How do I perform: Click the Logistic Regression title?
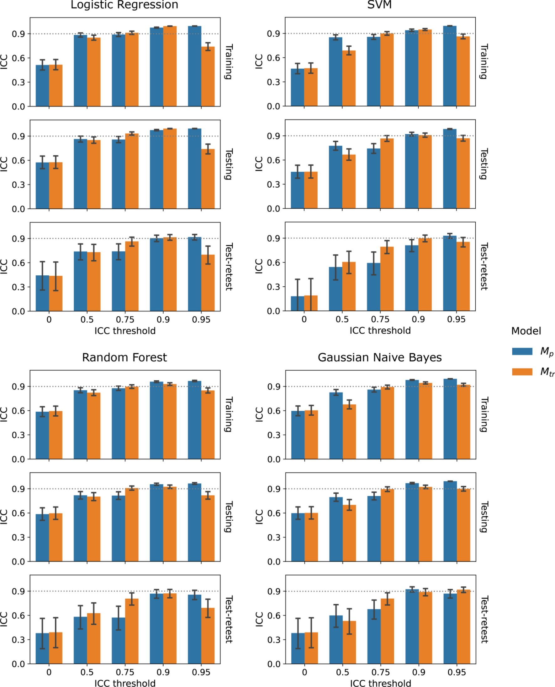(x=124, y=5)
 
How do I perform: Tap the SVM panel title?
(x=379, y=5)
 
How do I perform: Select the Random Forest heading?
(x=124, y=357)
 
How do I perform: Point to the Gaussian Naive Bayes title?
(x=379, y=357)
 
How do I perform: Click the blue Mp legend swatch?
(x=522, y=351)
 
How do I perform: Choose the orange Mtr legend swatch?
(x=522, y=372)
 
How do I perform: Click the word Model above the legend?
(x=526, y=331)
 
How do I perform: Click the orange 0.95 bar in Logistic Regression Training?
(x=208, y=77)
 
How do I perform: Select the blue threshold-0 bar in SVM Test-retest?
(x=297, y=304)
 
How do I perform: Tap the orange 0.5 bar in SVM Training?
(x=349, y=78)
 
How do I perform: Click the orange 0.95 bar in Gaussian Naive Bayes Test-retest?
(x=463, y=627)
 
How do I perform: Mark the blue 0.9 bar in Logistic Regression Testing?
(x=156, y=169)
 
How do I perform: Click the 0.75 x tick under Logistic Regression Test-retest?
(x=125, y=320)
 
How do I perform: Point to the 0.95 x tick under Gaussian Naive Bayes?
(x=457, y=672)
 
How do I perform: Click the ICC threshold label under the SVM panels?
(x=380, y=330)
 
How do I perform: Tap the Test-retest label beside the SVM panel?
(x=484, y=266)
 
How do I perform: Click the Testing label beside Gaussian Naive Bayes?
(x=484, y=517)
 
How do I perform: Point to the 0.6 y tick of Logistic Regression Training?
(x=18, y=58)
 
